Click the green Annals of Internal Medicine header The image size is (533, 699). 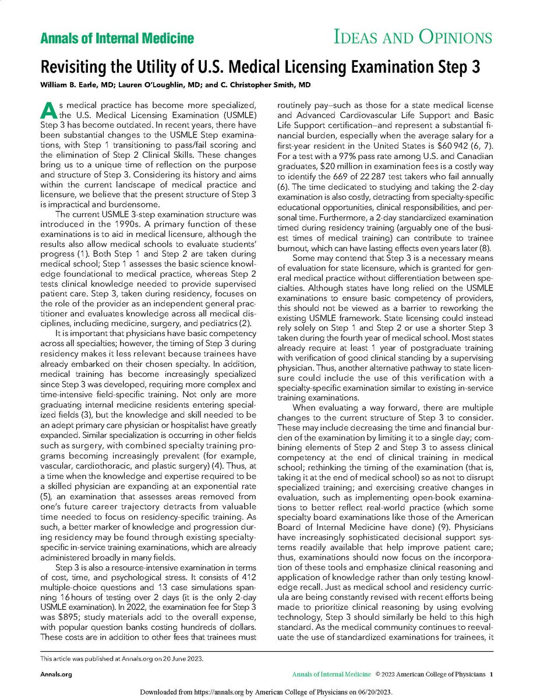pos(117,39)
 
